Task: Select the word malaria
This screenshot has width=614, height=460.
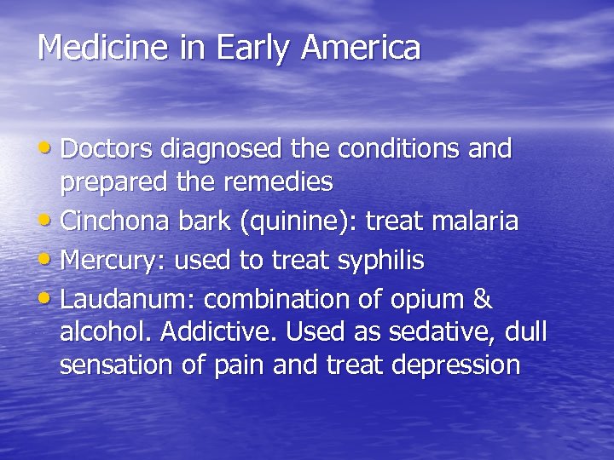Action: (x=476, y=221)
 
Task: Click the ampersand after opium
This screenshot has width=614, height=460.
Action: (x=483, y=300)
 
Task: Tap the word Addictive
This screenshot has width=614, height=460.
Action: (x=252, y=332)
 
